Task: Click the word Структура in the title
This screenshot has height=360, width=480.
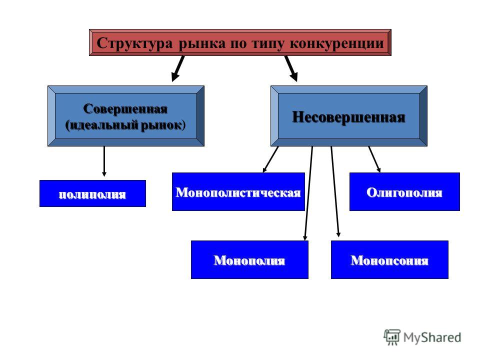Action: pos(134,43)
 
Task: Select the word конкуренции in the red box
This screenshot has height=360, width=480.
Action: pos(336,43)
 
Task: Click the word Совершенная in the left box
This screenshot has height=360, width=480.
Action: pos(125,108)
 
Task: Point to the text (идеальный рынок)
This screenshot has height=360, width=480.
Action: pos(125,125)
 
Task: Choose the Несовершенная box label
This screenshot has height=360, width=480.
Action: pos(348,117)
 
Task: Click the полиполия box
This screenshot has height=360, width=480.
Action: pos(93,193)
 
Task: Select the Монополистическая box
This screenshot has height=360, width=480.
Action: pos(238,191)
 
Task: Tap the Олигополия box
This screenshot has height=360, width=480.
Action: pos(404,191)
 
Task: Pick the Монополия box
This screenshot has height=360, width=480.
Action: pos(249,259)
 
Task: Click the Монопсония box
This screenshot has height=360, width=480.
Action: pos(389,259)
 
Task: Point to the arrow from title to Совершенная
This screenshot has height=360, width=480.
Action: pos(178,68)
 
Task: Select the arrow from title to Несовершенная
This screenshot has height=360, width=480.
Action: pos(291,68)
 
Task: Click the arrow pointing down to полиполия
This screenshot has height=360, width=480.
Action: pos(104,161)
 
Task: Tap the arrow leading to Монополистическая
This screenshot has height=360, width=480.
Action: pos(270,159)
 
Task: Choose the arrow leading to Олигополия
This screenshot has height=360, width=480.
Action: pos(374,159)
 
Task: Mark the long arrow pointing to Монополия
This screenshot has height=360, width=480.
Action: pos(308,193)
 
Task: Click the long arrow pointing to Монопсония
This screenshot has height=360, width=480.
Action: pos(335,192)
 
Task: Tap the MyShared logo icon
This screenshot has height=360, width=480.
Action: pos(392,337)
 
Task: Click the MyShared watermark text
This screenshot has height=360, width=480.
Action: pos(432,337)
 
